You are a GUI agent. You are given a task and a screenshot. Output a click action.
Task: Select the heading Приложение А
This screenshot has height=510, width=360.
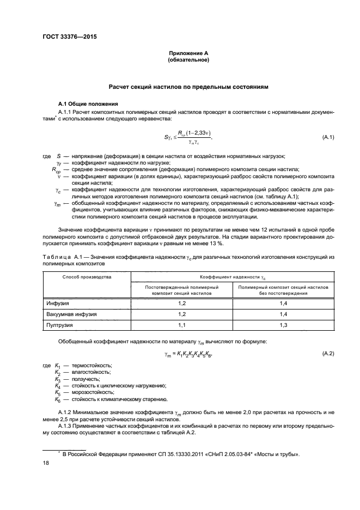188,53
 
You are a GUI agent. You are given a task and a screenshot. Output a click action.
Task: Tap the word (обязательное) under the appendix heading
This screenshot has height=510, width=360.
188,60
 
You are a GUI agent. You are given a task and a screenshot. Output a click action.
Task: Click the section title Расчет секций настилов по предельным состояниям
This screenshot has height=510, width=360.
188,87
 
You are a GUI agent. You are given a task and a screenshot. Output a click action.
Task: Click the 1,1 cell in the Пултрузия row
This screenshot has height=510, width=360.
182,325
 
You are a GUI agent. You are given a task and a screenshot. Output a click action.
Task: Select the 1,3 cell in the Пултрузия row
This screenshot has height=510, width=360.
283,325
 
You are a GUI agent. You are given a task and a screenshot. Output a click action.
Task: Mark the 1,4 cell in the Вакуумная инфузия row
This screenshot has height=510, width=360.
283,314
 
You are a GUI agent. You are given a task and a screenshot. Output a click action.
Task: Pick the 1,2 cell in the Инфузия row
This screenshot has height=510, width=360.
182,302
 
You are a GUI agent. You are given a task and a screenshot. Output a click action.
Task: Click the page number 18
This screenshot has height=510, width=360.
46,463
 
